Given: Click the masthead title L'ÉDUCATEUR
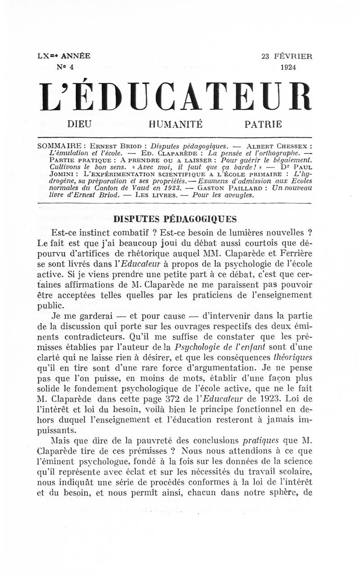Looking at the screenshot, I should click(x=175, y=96).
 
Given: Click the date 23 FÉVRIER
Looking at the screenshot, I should click(x=287, y=57).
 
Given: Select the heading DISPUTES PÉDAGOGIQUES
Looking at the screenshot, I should click(x=175, y=219).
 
